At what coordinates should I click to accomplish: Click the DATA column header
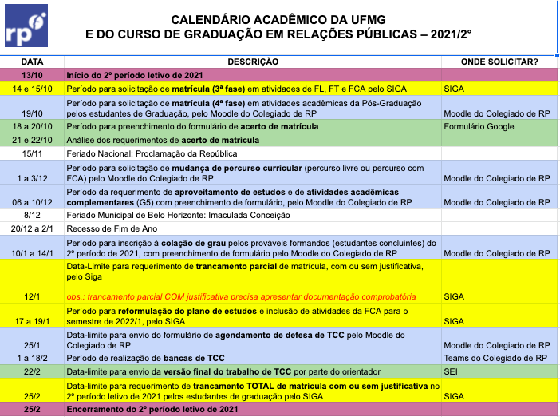pos(32,62)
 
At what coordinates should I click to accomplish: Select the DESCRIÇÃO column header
pos(252,62)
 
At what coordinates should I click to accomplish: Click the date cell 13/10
pos(32,73)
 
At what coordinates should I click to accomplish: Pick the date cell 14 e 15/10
pos(32,89)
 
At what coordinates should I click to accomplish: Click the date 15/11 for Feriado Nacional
pos(32,153)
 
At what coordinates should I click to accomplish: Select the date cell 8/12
pos(32,216)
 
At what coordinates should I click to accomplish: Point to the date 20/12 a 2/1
pos(32,228)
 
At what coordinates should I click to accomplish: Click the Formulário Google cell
pos(479,127)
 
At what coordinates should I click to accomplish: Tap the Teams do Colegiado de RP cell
pos(495,358)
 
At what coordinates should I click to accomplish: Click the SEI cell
pos(452,371)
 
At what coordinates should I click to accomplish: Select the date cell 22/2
pos(32,371)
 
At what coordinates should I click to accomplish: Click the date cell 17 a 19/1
pos(32,321)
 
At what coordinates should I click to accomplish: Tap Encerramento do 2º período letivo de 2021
pos(152,409)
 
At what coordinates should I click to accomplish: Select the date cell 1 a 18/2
pos(32,358)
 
